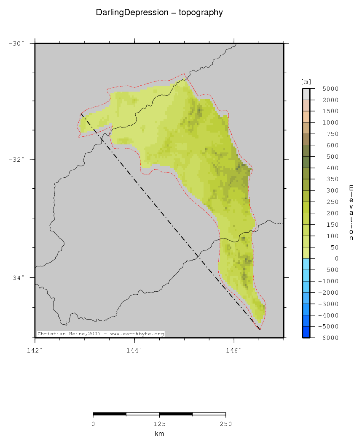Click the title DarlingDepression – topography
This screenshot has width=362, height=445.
(159, 13)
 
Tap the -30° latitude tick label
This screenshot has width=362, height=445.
(16, 43)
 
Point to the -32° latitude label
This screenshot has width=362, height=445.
(16, 159)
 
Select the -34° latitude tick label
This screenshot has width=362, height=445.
(16, 277)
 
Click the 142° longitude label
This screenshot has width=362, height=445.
(35, 350)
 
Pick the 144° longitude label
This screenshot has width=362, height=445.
(134, 350)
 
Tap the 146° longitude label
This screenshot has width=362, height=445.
(234, 350)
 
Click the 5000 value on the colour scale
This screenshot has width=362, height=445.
(330, 89)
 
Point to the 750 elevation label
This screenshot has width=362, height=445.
(332, 134)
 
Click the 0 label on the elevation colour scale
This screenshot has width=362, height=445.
(336, 258)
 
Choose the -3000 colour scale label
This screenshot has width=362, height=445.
(328, 304)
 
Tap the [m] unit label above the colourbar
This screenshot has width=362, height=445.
(306, 81)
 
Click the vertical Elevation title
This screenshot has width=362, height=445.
(351, 213)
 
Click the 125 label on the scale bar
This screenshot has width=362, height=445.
(159, 424)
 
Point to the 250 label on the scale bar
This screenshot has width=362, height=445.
(225, 424)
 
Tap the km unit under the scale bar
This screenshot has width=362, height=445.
(159, 434)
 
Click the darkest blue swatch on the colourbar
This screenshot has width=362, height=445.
(306, 332)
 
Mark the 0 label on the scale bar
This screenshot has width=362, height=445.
(93, 424)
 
